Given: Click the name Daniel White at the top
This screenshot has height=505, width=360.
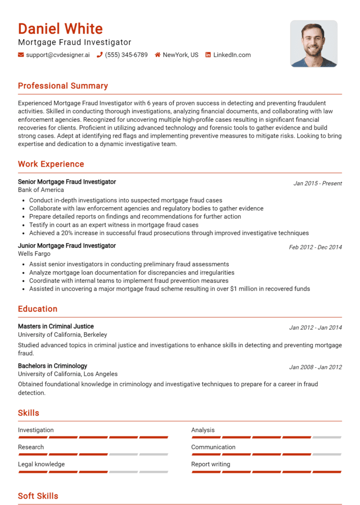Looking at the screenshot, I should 60,29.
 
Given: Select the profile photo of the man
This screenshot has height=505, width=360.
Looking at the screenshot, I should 314,44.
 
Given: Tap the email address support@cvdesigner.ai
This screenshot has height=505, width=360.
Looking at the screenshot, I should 58,55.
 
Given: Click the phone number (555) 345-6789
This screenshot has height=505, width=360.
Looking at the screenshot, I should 126,55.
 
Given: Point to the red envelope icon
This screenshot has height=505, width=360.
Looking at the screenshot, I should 21,55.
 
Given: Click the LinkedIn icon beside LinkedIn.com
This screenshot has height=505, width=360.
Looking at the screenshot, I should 208,55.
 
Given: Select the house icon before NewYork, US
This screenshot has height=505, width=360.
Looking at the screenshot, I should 157,55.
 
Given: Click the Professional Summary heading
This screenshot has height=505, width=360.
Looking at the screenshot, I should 63,86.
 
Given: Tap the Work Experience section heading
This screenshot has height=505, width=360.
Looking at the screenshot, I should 51,164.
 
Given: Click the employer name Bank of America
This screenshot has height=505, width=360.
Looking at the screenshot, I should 41,190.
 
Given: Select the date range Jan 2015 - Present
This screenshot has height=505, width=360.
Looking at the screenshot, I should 317,183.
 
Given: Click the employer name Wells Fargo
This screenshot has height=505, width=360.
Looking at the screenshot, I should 34,253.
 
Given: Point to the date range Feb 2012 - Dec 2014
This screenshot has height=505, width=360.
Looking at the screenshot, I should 315,247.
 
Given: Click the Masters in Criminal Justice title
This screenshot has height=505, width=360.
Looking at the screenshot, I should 56,326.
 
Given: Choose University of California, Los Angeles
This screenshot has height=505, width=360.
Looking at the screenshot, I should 67,374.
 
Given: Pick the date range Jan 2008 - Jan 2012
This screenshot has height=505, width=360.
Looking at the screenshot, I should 315,367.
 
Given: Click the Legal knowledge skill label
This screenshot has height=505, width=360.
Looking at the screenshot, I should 41,464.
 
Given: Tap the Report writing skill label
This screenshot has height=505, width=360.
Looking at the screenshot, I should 210,464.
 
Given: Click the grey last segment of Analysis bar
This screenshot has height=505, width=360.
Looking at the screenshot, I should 327,437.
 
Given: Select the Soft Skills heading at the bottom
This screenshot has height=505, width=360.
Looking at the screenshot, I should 38,496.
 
